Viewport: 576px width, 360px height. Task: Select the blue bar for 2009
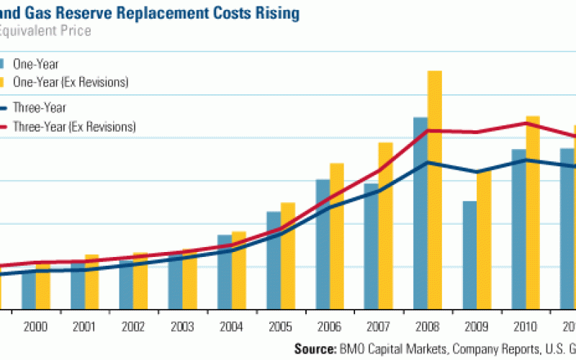469,256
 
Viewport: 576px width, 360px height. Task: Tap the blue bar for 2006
323,245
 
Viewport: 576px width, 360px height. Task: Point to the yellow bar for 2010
532,213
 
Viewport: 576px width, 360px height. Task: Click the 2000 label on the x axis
36,326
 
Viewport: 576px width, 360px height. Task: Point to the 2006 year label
330,326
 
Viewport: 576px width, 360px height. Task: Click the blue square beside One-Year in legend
3,64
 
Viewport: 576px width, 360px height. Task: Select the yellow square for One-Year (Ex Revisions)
3,82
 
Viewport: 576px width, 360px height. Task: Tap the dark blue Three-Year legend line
4,108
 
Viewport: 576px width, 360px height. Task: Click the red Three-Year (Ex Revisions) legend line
4,127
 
